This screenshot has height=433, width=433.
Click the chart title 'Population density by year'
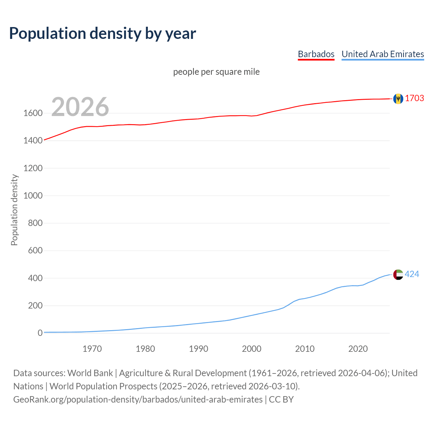coord(102,33)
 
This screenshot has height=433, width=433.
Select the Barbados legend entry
coord(316,54)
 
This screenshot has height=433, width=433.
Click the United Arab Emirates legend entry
coord(383,54)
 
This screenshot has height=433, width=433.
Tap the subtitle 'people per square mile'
coord(216,72)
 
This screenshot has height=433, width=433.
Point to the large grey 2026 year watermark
coord(80,107)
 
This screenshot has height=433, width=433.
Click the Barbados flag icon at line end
coord(398,98)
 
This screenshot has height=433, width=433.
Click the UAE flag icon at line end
coord(398,274)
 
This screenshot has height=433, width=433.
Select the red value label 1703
coord(414,98)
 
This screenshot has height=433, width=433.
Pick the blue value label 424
coord(412,274)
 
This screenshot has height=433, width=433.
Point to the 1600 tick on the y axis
coord(33,113)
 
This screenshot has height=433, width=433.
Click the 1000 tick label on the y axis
coord(33,196)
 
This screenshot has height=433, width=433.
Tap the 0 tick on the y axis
coord(40,333)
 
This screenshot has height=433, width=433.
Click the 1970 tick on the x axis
coord(92,348)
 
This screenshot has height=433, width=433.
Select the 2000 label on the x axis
coord(251,348)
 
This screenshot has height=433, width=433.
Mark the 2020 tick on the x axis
coord(358,348)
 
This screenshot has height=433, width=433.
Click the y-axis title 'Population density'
coord(14,210)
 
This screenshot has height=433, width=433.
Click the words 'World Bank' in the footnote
coord(90,373)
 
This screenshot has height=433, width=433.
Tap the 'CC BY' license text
coord(281,400)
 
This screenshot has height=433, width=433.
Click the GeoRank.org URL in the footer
coord(138,400)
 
